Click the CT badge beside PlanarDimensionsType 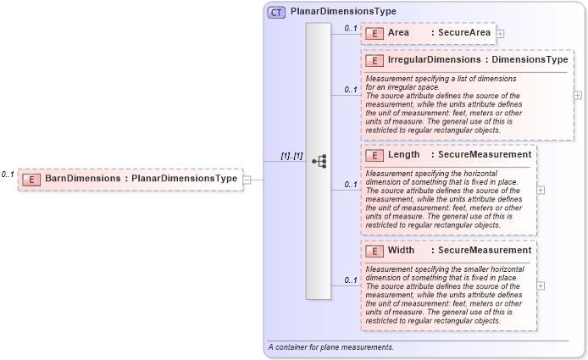(276, 12)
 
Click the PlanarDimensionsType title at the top (331, 12)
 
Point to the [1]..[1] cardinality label (291, 155)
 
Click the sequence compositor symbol (319, 160)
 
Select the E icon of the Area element (374, 33)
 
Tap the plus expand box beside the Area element (500, 34)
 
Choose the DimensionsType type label (530, 60)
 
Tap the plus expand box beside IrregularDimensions (578, 95)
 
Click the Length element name (403, 155)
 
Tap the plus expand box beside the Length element (541, 190)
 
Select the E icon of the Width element (374, 251)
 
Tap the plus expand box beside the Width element (541, 285)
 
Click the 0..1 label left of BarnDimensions (8, 174)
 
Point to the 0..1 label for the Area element (350, 28)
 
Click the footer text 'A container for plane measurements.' (330, 347)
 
